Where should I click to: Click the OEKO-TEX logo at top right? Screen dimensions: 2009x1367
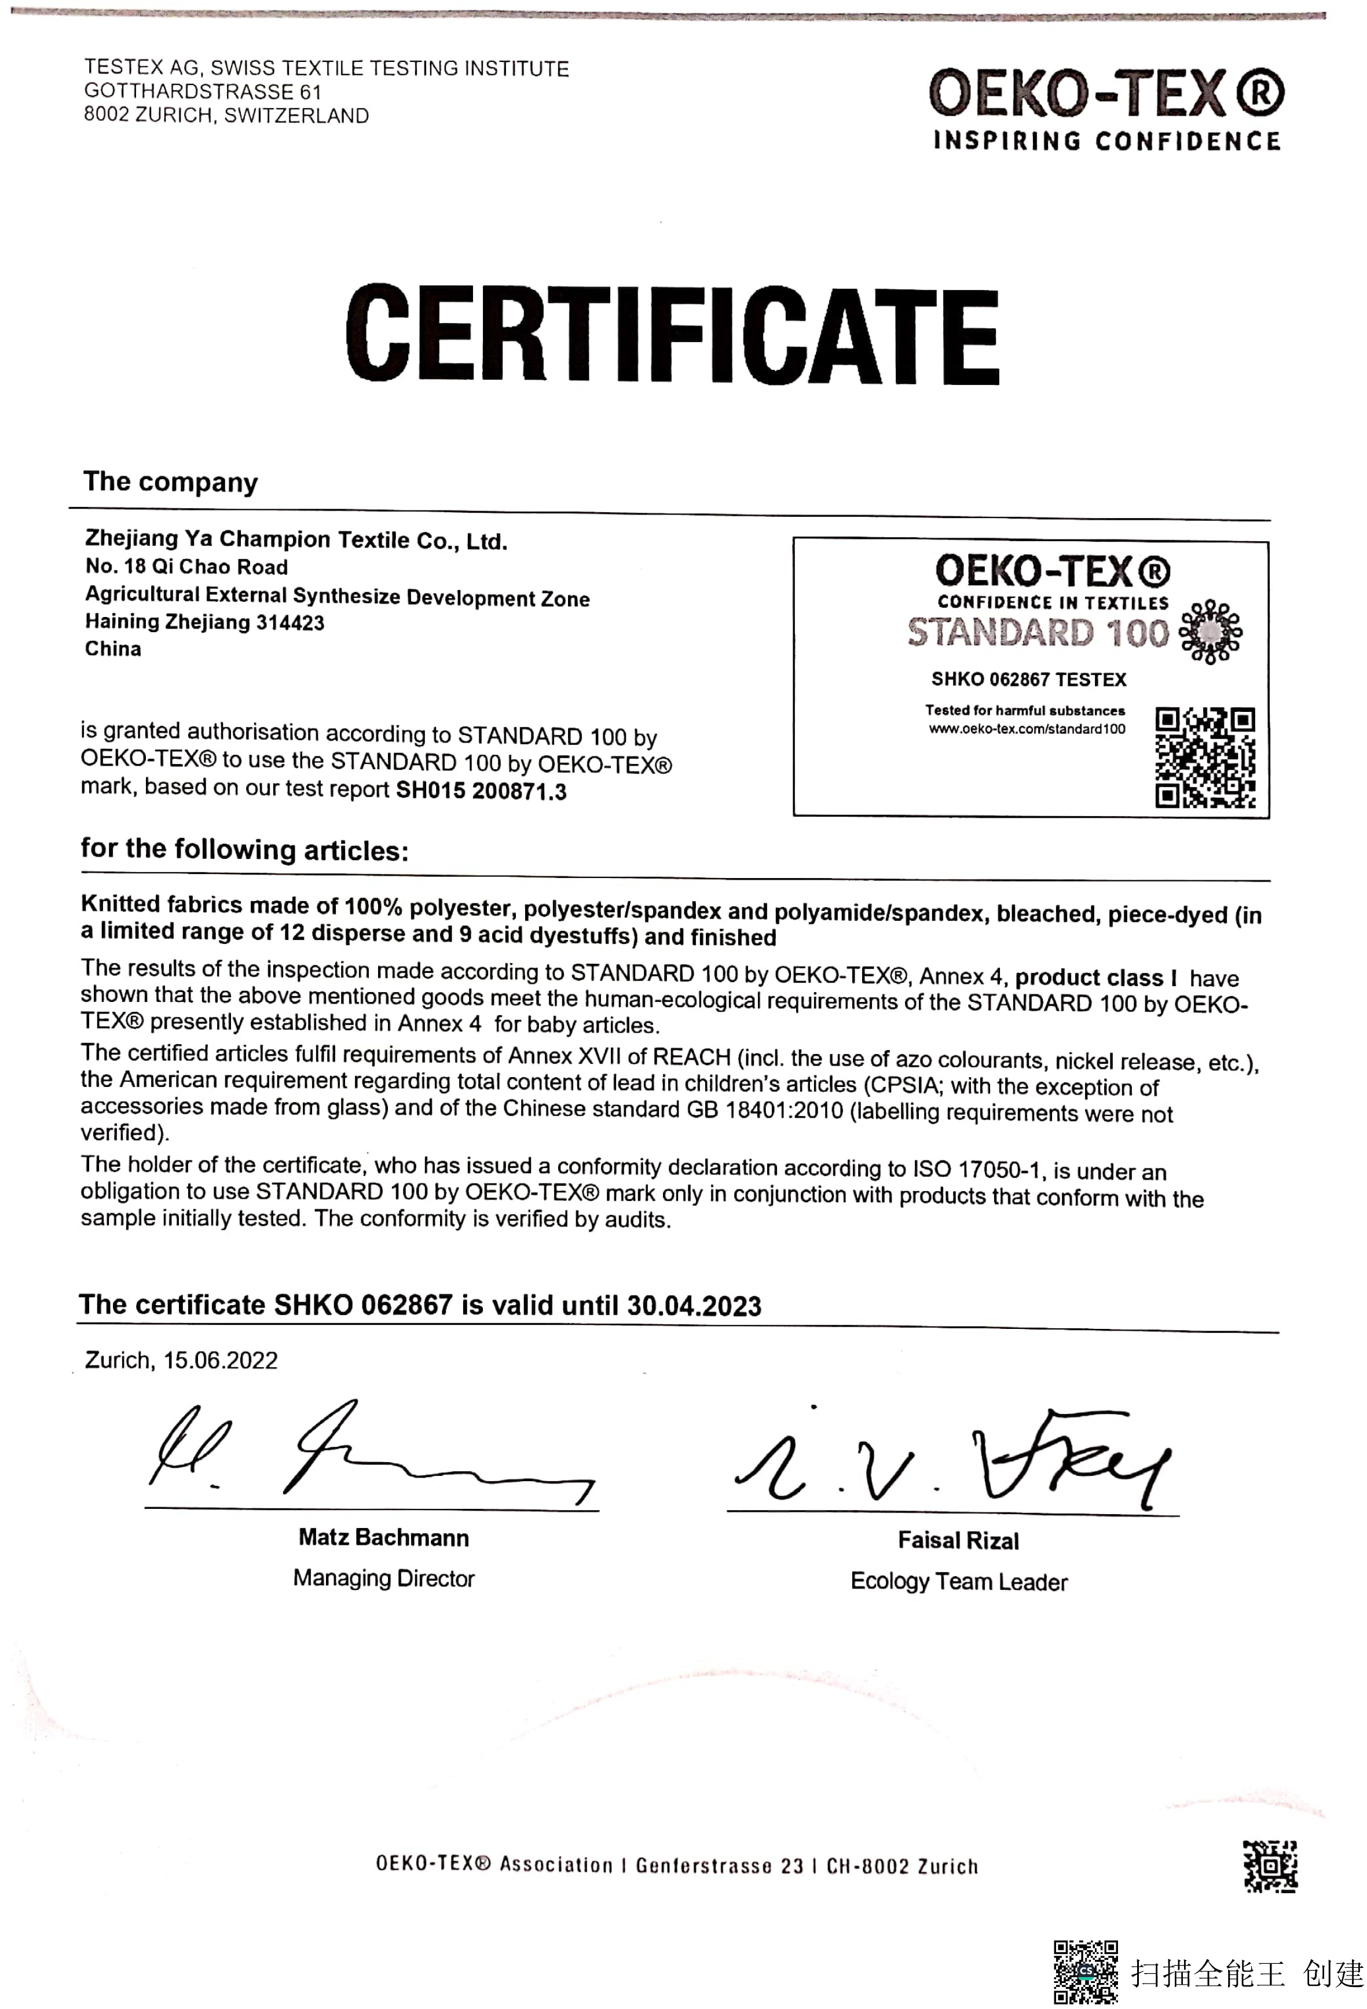click(1106, 109)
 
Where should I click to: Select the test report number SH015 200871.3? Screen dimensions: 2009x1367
click(481, 791)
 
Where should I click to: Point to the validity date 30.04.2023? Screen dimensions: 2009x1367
click(694, 1305)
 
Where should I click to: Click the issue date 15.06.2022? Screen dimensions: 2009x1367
click(221, 1361)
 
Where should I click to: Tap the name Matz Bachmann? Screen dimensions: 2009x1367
click(384, 1537)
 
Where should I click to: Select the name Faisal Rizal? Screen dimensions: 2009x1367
click(958, 1540)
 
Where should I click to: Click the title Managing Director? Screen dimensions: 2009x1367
click(384, 1578)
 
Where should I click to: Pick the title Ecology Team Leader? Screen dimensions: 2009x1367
click(959, 1581)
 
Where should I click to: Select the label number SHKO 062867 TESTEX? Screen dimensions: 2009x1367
click(1028, 680)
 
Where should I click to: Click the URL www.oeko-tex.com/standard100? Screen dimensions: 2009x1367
click(1027, 729)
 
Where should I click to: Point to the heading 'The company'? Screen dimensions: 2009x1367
click(170, 482)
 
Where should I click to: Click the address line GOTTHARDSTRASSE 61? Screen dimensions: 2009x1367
click(202, 91)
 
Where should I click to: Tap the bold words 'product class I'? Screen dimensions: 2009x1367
click(1095, 978)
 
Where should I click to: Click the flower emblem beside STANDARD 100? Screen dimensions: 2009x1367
click(1211, 632)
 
